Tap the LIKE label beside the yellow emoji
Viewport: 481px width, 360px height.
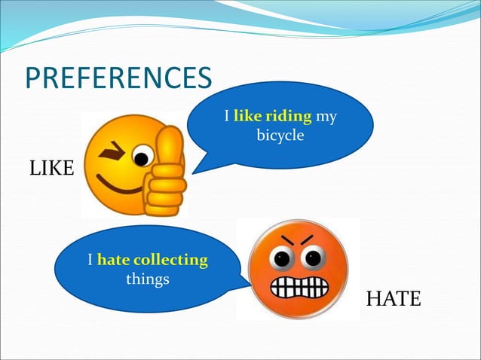coord(51,169)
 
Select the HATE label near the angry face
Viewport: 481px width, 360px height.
coord(393,299)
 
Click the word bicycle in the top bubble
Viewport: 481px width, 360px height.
coord(279,136)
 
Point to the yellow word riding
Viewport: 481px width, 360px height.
coord(287,117)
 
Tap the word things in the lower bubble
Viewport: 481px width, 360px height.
coord(147,279)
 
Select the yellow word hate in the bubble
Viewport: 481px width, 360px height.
coord(113,260)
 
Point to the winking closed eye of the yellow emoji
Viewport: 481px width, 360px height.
coord(115,150)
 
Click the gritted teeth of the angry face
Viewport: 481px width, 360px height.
coord(299,288)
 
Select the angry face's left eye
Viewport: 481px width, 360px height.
coord(280,258)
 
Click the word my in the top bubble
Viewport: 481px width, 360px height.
coord(326,117)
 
